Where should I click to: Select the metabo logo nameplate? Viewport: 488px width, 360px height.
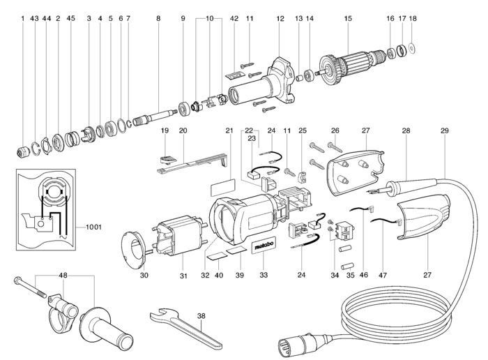point(264,246)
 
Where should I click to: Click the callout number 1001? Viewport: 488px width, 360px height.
point(93,227)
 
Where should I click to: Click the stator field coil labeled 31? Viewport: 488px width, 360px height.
point(180,235)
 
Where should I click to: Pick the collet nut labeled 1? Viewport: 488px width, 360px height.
point(23,151)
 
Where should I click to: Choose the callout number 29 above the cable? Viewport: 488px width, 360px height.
point(445,130)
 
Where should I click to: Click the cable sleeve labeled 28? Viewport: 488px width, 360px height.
point(411,186)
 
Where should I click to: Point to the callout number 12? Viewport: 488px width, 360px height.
point(280,18)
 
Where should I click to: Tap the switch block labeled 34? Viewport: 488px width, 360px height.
point(345,231)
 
